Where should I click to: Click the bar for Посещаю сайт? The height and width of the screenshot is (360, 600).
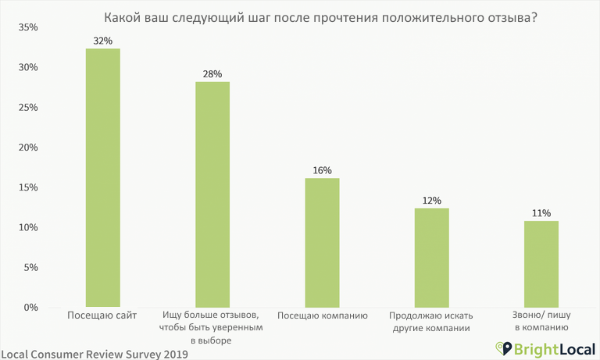pyautogui.click(x=102, y=178)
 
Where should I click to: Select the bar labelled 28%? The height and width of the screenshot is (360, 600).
pyautogui.click(x=212, y=194)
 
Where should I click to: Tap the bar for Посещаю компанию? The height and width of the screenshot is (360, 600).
pyautogui.click(x=322, y=243)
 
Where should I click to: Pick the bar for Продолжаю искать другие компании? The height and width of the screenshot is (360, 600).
pyautogui.click(x=431, y=258)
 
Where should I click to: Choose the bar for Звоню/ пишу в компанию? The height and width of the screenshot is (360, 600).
pyautogui.click(x=541, y=264)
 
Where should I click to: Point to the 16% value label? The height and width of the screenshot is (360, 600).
pyautogui.click(x=322, y=170)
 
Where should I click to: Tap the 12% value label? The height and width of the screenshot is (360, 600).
pyautogui.click(x=431, y=201)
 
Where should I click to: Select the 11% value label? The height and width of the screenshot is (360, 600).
pyautogui.click(x=541, y=213)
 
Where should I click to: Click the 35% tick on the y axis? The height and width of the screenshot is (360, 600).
pyautogui.click(x=27, y=27)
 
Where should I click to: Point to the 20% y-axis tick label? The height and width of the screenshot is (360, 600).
pyautogui.click(x=27, y=148)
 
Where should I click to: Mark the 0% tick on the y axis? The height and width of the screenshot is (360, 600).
pyautogui.click(x=30, y=308)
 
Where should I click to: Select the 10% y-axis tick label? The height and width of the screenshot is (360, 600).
pyautogui.click(x=27, y=227)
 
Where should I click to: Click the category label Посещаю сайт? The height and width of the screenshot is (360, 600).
pyautogui.click(x=102, y=315)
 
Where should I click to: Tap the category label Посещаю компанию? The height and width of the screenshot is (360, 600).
pyautogui.click(x=322, y=316)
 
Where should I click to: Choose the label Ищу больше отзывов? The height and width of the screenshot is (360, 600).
pyautogui.click(x=212, y=316)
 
